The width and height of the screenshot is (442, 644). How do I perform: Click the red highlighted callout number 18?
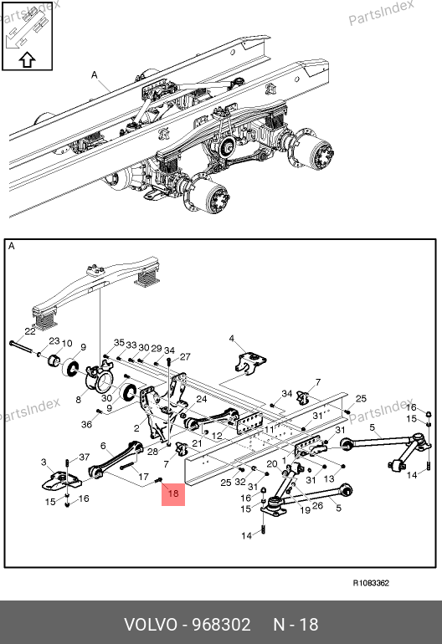(173, 493)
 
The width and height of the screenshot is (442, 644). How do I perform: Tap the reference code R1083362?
(371, 583)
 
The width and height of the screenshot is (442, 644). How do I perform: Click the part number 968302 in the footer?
(221, 625)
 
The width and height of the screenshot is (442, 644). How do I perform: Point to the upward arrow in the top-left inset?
(27, 59)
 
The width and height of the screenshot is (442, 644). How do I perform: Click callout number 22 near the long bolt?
(30, 331)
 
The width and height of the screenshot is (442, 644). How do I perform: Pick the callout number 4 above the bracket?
(232, 339)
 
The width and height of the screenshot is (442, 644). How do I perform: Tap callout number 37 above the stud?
(85, 457)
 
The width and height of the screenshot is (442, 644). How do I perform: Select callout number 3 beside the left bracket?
(44, 463)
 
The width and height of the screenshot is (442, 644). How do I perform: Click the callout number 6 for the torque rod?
(103, 446)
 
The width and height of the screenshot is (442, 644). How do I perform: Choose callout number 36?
(86, 424)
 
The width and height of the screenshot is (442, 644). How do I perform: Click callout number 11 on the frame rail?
(269, 430)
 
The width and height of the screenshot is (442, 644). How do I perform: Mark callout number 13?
(329, 478)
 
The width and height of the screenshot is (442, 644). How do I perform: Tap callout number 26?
(317, 506)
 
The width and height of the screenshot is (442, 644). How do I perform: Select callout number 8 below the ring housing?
(79, 399)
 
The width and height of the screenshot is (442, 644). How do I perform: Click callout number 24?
(202, 399)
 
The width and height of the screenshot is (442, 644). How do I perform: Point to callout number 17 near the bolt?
(143, 477)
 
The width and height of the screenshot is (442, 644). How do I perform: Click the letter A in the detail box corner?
(12, 246)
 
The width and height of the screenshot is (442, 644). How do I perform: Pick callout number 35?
(119, 343)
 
